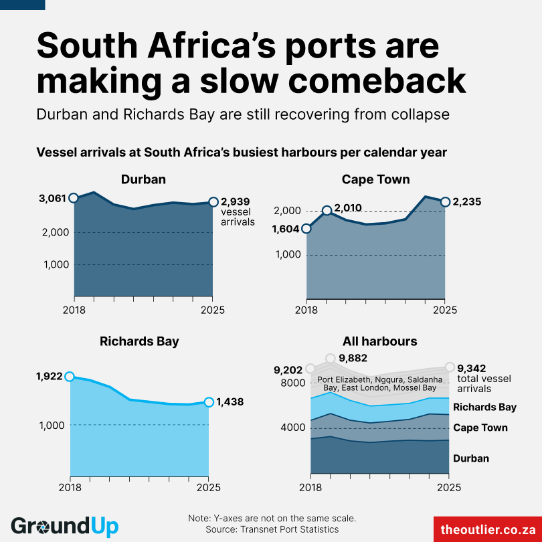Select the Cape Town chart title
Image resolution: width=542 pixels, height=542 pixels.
click(375, 179)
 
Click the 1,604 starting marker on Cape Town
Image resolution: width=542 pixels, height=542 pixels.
click(306, 228)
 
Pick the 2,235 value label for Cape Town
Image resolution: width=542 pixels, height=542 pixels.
click(467, 201)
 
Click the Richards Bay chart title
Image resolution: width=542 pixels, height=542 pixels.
click(139, 341)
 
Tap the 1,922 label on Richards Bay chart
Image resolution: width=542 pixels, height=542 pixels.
click(50, 377)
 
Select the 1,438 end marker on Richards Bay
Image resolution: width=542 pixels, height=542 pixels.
click(209, 402)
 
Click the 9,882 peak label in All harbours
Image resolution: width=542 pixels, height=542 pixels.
click(353, 358)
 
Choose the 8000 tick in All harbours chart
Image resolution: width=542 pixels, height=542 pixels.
click(292, 383)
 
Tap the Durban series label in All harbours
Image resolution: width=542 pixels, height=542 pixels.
click(471, 458)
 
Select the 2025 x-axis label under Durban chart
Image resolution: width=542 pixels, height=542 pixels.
click(212, 310)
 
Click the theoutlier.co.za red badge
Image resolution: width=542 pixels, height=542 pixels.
click(486, 529)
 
